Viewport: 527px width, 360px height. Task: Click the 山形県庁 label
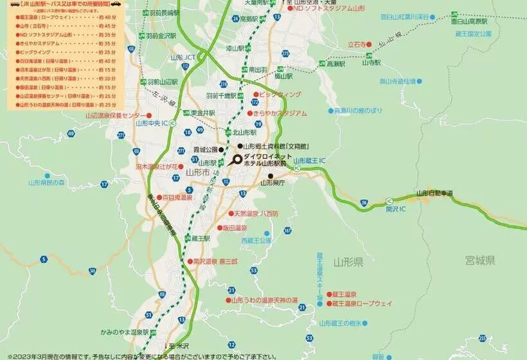coord(272,183)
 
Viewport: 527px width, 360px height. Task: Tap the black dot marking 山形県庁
coord(271,175)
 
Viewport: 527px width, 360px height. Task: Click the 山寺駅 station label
coord(371,63)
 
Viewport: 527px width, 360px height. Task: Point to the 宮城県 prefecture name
coord(480,260)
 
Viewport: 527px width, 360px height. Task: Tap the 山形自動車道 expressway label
coord(434,193)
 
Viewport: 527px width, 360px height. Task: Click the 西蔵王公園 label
coord(256,240)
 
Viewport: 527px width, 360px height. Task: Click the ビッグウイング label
coord(281,94)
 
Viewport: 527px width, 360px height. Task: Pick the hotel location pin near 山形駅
coord(237,159)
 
